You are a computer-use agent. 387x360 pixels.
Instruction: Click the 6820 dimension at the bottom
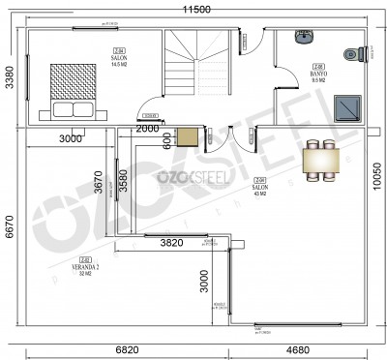click(117, 349)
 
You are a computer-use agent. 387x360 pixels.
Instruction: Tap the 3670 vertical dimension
click(99, 183)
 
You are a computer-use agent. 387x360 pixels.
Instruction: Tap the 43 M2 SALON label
click(259, 189)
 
